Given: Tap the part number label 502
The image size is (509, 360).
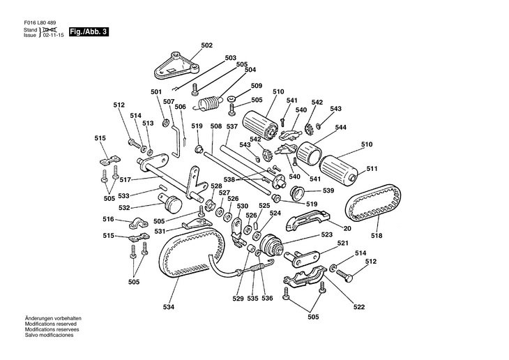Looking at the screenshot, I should click(206, 45).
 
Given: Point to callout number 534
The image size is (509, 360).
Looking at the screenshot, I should click(169, 306).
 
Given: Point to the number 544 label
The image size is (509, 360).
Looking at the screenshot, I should click(341, 128).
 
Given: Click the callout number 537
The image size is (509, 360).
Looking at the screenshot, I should click(232, 126).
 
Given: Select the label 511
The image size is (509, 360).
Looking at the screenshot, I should click(372, 168).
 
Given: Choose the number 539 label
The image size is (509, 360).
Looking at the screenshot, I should click(328, 190).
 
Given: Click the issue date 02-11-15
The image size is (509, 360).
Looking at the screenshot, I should click(54, 35).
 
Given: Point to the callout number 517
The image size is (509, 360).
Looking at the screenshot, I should click(126, 179).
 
